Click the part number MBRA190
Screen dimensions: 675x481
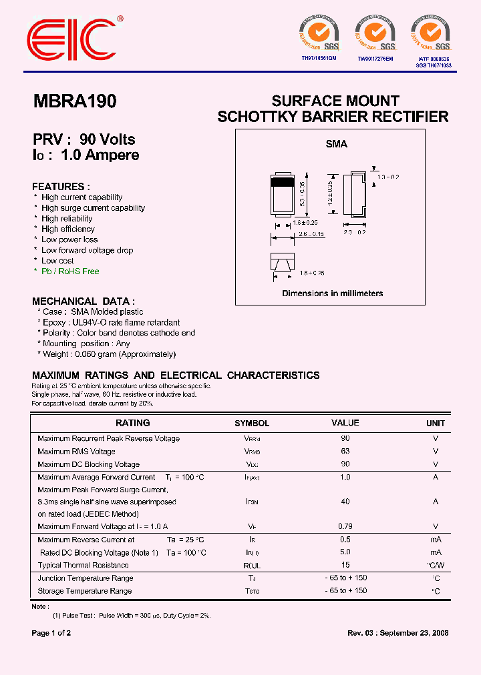pyautogui.click(x=74, y=101)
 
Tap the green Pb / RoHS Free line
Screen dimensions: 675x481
pyautogui.click(x=69, y=271)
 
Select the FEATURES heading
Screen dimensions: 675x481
pyautogui.click(x=61, y=187)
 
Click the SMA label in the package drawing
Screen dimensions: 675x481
pyautogui.click(x=336, y=143)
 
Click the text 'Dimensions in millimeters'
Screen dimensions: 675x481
pyautogui.click(x=332, y=293)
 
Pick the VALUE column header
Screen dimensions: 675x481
pyautogui.click(x=345, y=423)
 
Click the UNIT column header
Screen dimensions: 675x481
pyautogui.click(x=436, y=424)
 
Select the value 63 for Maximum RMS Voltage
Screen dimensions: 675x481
pyautogui.click(x=345, y=452)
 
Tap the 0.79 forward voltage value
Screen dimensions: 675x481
pyautogui.click(x=345, y=526)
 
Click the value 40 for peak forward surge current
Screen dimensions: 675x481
pyautogui.click(x=345, y=502)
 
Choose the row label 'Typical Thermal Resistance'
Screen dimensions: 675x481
pyautogui.click(x=84, y=565)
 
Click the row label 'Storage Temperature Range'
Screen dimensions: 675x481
pyautogui.click(x=85, y=591)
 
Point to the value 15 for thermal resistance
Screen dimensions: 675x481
pyautogui.click(x=345, y=565)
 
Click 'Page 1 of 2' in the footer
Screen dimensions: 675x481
pyautogui.click(x=51, y=633)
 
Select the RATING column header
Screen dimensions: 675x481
pyautogui.click(x=132, y=423)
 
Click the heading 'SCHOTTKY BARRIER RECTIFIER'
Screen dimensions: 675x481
pyautogui.click(x=333, y=117)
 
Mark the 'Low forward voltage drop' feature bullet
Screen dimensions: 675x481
pyautogui.click(x=87, y=250)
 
